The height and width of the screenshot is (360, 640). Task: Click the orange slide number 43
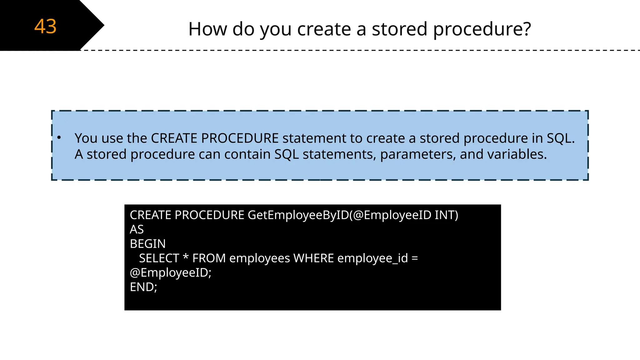point(45,26)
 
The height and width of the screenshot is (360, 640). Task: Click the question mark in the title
point(526,29)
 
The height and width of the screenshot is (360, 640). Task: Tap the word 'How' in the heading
point(207,29)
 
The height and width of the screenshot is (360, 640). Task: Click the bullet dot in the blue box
point(59,137)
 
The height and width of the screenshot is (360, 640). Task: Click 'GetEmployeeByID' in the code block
point(298,215)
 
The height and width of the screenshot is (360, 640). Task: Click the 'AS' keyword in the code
point(137,229)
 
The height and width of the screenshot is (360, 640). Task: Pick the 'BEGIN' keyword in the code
point(147,244)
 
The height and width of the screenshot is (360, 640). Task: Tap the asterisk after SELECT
point(186,257)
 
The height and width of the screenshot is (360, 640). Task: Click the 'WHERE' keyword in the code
point(314,258)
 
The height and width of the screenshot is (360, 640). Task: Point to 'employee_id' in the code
point(372,258)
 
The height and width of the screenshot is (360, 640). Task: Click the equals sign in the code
point(415,258)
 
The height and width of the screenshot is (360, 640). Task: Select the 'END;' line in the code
point(143,287)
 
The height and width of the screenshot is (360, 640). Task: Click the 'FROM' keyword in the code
point(209,258)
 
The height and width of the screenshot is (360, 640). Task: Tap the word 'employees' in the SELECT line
point(259,258)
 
